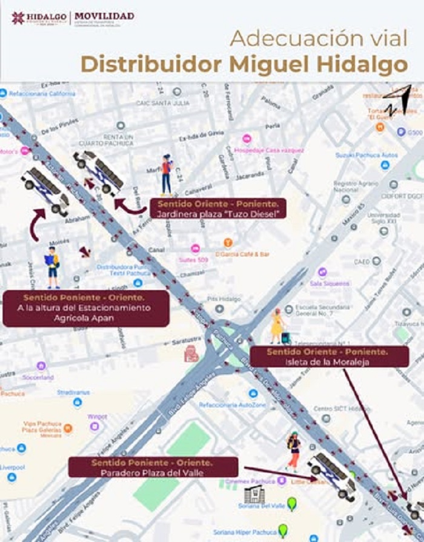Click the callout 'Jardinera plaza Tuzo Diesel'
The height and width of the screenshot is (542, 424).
coord(217,208)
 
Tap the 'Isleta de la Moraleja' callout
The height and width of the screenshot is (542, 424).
coord(327,357)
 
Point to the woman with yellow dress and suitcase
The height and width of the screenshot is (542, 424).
coord(278,326)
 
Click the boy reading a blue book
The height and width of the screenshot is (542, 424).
coord(53,267)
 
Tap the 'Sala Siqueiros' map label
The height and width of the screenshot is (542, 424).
coord(330,283)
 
